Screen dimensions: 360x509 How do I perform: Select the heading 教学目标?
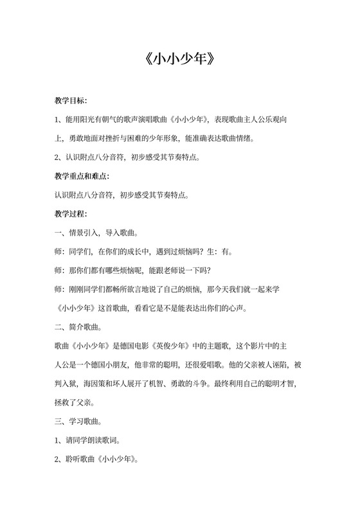tap(71, 101)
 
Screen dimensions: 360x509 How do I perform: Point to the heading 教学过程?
tap(71, 213)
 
